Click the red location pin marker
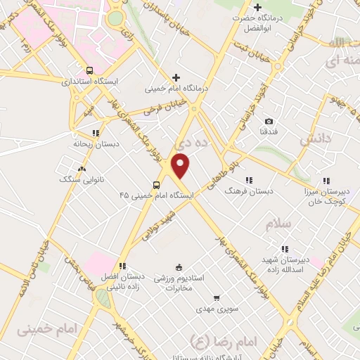(x=181, y=166)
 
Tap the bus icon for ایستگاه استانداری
(x=89, y=70)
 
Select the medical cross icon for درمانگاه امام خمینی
(x=176, y=77)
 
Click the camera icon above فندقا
(x=269, y=121)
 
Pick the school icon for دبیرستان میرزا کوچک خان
(x=326, y=179)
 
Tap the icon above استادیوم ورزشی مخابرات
(x=179, y=267)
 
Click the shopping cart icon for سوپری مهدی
(x=217, y=298)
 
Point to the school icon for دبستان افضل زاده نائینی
(x=122, y=266)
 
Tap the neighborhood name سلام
(x=280, y=224)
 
